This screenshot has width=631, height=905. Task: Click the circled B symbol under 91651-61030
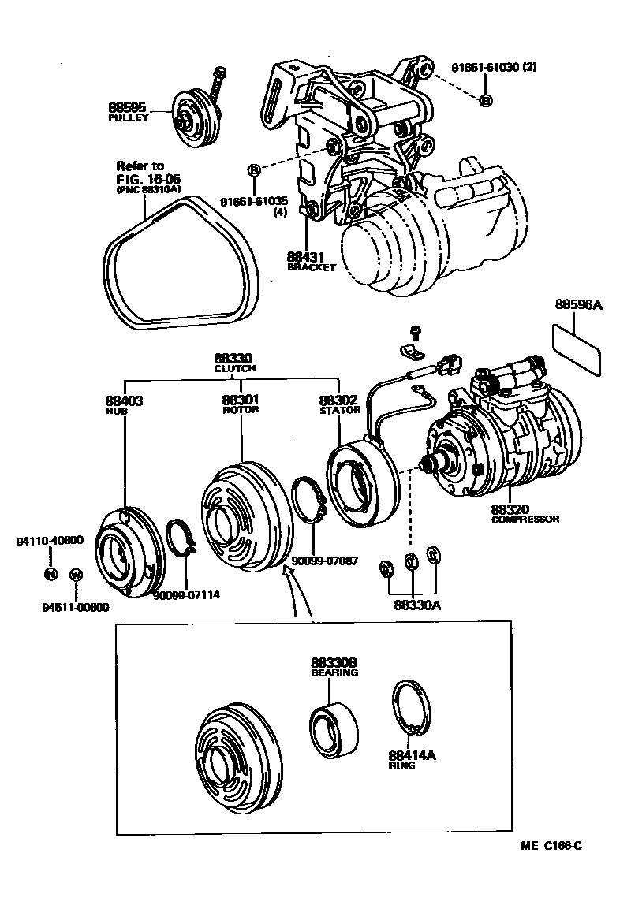point(486,100)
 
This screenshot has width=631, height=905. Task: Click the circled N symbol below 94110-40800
point(50,573)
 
